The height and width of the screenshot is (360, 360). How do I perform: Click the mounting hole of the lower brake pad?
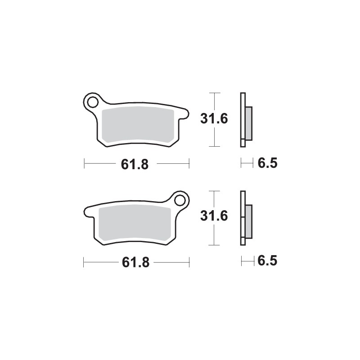(180, 200)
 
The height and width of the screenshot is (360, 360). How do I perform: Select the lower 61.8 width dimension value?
(134, 262)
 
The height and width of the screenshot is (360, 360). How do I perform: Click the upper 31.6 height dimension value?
(214, 120)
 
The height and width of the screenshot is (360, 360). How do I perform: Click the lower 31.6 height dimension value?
(214, 217)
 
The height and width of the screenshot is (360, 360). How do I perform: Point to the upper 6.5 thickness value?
(267, 164)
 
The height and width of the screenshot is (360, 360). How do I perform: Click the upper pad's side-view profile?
(243, 120)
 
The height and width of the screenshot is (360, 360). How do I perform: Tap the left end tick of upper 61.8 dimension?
(84, 164)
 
